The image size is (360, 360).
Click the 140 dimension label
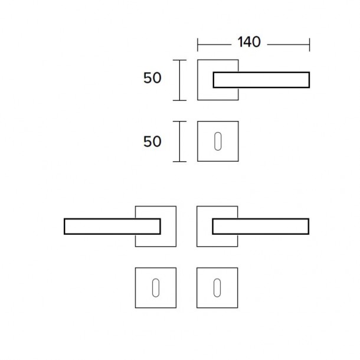[x=249, y=42]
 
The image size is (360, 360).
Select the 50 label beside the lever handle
[x=152, y=78]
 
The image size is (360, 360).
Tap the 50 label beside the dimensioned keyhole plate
[x=152, y=142]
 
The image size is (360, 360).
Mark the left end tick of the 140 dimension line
[x=198, y=45]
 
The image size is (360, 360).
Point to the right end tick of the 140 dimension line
[x=309, y=45]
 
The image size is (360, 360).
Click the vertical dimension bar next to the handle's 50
[x=179, y=80]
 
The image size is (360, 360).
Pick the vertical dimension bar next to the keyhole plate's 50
[x=179, y=142]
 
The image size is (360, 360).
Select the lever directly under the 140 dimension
[x=261, y=80]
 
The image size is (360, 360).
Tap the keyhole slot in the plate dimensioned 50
[x=218, y=142]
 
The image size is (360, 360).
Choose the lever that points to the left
[x=112, y=227]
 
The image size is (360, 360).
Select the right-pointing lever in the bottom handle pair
[x=261, y=227]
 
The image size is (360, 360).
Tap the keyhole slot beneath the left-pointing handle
[x=156, y=288]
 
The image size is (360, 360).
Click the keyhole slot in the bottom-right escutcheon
[x=217, y=288]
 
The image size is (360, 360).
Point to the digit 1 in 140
[x=240, y=42]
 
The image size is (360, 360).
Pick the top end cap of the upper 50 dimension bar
[x=179, y=60]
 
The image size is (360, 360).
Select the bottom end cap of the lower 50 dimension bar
[x=179, y=162]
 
